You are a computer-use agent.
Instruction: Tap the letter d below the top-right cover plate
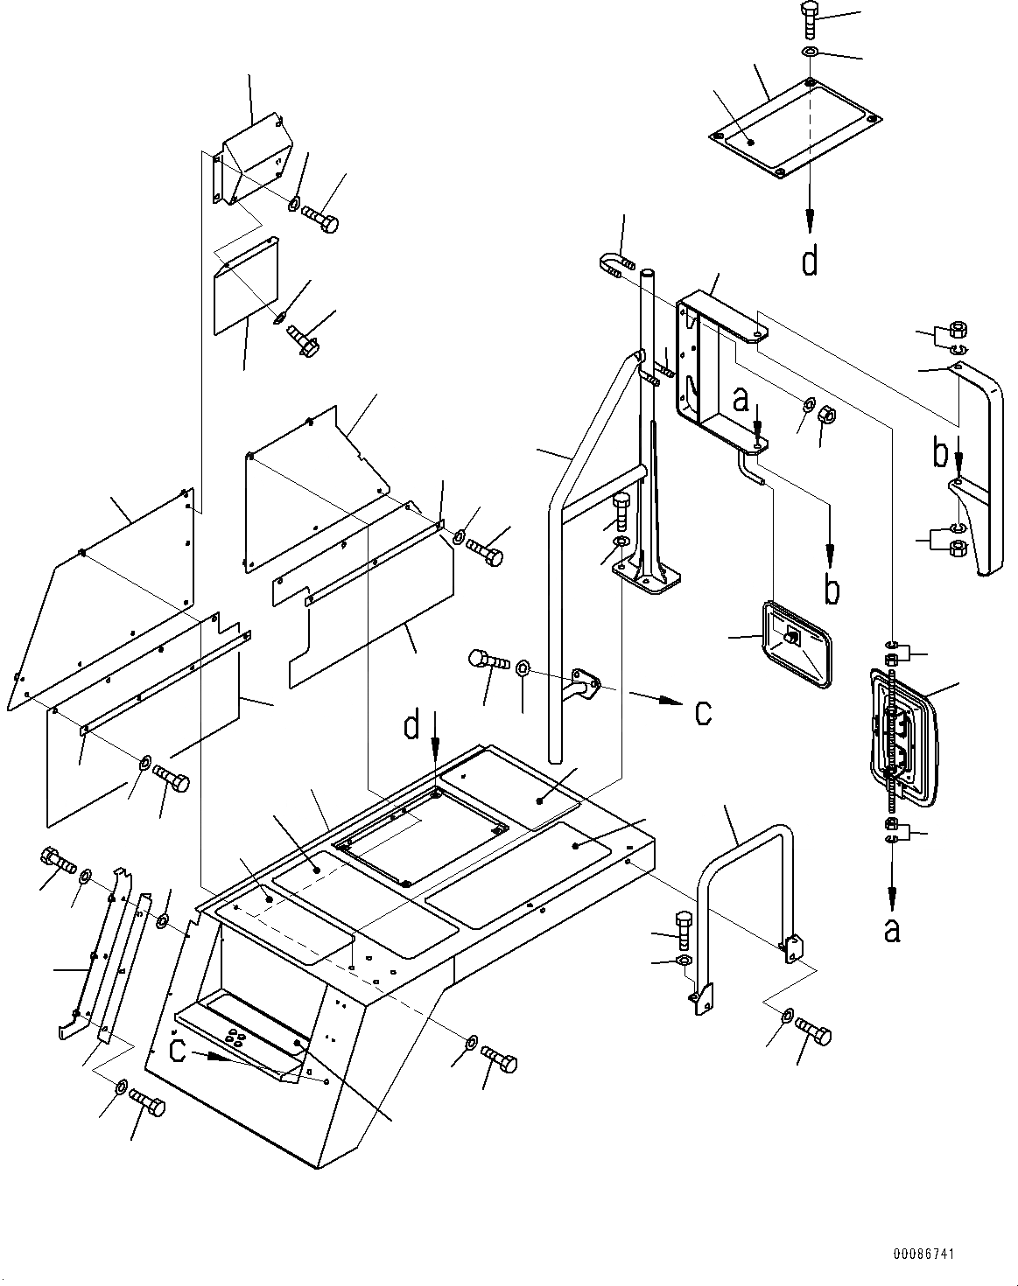point(810,262)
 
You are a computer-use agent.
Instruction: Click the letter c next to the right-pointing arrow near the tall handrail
point(704,713)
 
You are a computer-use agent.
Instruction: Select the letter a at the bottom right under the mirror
point(892,930)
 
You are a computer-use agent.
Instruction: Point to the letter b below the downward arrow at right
point(832,589)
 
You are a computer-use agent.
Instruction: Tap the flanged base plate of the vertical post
point(646,578)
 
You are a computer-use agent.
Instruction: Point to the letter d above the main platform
point(411,727)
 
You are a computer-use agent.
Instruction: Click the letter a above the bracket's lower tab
point(741,400)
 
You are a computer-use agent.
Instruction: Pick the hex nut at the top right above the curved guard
point(958,330)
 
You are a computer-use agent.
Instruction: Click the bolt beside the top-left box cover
point(319,219)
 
